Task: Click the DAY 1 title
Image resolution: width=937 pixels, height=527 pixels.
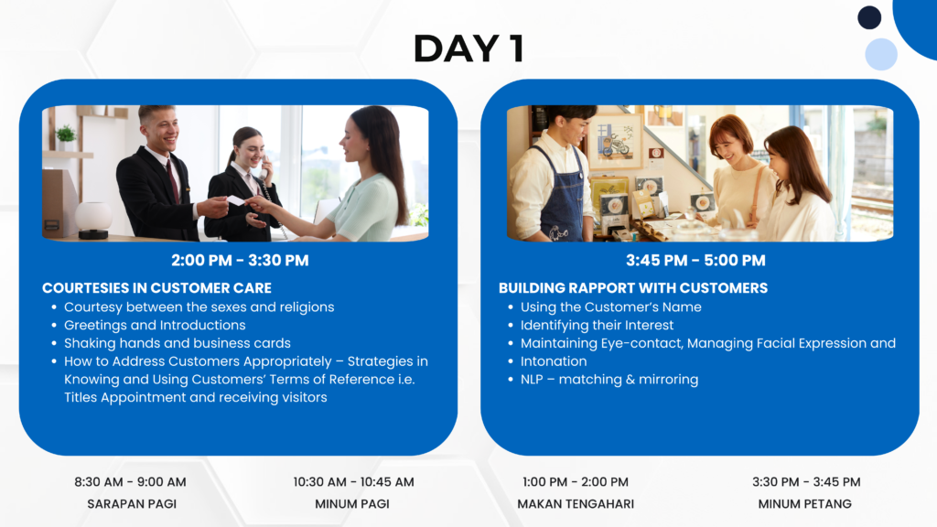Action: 469,48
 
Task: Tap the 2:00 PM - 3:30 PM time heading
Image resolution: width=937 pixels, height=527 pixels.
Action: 240,261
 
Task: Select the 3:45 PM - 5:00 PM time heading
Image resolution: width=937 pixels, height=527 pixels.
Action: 695,261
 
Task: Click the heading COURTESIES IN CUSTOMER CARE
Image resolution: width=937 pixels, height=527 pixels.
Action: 156,288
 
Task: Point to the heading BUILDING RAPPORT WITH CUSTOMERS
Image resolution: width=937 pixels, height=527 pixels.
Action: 633,288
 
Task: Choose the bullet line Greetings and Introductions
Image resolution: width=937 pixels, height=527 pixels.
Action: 155,325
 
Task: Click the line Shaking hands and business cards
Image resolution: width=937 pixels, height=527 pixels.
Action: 178,343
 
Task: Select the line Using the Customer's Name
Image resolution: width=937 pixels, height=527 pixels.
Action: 610,307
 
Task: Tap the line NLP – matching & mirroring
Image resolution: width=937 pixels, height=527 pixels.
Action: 609,380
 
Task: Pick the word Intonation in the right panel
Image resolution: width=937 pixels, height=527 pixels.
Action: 554,361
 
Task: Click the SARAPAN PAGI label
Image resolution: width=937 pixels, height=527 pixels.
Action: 132,504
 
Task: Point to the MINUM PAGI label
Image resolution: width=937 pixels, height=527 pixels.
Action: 352,504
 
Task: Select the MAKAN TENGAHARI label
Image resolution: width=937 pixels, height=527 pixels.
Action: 576,504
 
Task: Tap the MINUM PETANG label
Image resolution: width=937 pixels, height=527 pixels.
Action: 805,504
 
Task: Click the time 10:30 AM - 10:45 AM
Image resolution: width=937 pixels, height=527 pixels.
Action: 353,481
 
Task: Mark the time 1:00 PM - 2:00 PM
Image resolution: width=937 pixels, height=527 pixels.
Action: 576,481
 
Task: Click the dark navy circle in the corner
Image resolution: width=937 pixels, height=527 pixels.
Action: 869,17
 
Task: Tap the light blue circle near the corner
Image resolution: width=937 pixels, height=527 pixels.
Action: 881,54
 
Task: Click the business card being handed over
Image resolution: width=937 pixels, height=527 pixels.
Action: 236,200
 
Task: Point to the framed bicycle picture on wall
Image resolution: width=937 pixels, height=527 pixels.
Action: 616,142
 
